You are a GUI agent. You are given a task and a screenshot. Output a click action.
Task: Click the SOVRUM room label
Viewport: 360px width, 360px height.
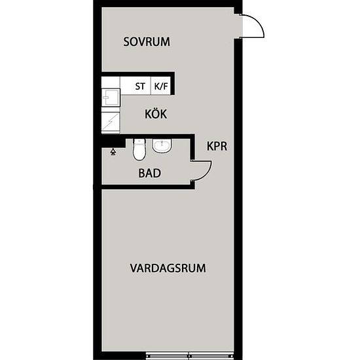coord(147,42)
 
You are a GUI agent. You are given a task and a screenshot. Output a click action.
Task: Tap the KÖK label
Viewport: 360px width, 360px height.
coord(156,114)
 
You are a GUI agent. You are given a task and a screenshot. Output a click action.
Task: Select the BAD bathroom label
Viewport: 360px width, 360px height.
coord(149,173)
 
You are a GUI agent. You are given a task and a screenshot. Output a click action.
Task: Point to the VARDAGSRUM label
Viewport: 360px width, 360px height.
coord(168,268)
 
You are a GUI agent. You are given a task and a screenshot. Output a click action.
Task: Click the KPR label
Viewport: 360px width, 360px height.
coord(217,147)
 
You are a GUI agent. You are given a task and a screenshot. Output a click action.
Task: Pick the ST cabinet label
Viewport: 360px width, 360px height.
coord(140,86)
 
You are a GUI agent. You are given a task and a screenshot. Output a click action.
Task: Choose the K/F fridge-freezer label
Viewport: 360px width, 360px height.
coord(160,86)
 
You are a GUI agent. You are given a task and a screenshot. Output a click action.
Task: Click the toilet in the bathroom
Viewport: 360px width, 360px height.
coord(138,150)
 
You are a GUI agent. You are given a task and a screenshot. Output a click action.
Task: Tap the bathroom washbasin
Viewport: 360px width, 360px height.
coord(162,145)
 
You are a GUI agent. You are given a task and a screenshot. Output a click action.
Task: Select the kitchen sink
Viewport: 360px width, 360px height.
coord(110,98)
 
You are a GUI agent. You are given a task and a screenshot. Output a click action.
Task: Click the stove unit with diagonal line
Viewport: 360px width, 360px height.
coord(111,121)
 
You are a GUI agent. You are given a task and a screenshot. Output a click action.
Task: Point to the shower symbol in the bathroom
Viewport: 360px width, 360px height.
coord(113,151)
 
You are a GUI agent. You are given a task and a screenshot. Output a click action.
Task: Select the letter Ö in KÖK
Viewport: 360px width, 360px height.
coord(156,114)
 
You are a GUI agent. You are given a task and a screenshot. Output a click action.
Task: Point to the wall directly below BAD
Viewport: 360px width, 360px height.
coord(147,187)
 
